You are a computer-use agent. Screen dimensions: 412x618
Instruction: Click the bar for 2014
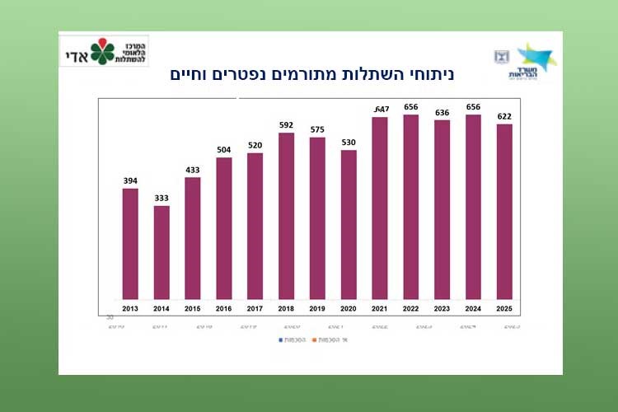162,252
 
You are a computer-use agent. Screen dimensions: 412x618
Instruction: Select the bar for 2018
287,216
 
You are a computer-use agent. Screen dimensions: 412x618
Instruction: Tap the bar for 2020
349,224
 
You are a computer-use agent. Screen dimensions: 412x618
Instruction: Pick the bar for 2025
504,212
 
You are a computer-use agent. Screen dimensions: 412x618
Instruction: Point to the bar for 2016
224,228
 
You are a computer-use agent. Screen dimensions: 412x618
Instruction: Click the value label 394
130,181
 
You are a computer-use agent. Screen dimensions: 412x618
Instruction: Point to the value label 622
504,117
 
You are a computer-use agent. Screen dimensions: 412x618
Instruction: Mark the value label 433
193,171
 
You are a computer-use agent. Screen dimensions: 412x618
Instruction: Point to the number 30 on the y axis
110,317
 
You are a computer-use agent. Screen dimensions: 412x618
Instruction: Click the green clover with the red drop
103,52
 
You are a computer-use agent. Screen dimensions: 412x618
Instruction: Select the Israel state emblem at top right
501,56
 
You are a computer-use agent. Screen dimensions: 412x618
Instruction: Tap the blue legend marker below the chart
281,339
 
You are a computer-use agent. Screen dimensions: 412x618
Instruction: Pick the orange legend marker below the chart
334,339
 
